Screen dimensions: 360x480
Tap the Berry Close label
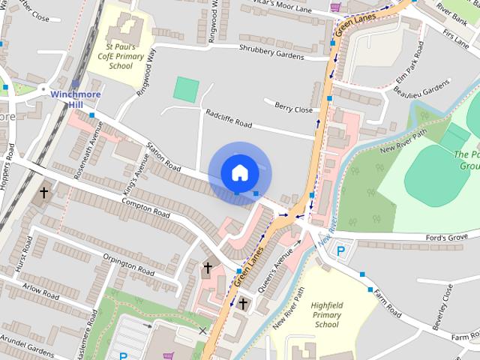293,109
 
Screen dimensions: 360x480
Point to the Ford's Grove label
447,237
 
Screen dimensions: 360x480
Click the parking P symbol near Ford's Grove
341,251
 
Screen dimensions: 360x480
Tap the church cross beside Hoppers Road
43,193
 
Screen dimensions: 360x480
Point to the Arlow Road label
40,292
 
